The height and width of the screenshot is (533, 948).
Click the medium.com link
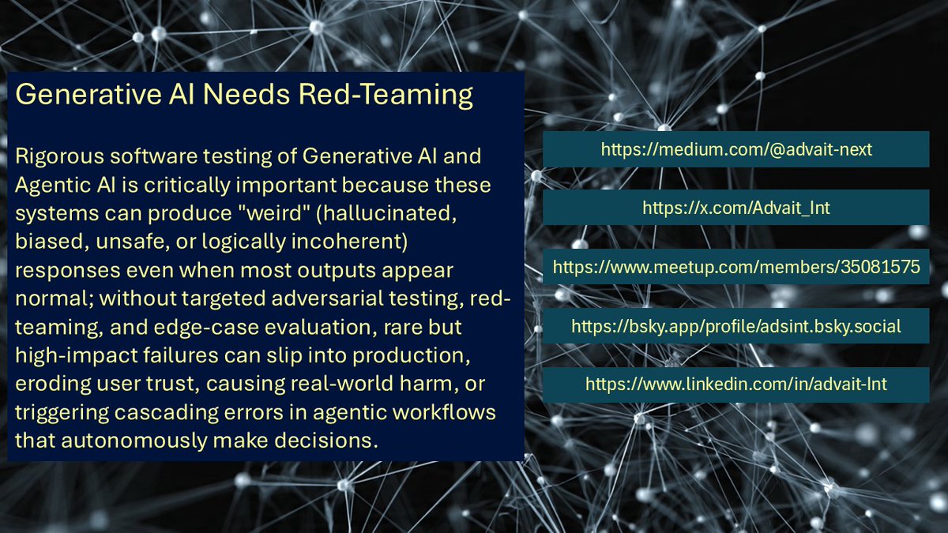tap(735, 148)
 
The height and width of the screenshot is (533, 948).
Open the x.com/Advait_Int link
tap(735, 208)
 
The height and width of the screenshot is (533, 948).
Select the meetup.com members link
tap(735, 267)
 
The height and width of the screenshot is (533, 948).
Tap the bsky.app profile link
tap(735, 326)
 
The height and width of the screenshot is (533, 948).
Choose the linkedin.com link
tap(735, 385)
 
